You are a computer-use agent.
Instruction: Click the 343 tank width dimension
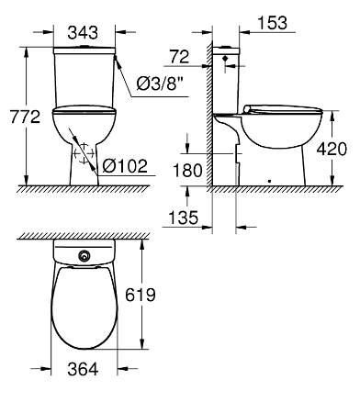83,32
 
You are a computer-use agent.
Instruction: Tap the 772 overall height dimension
25,117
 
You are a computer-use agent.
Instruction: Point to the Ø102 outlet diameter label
125,166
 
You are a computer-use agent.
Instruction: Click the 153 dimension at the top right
273,23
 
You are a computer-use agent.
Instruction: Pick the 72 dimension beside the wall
180,57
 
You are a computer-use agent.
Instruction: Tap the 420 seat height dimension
332,149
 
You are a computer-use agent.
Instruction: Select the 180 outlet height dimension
188,171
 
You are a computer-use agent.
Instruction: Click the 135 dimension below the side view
184,218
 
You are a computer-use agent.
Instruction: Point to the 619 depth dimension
141,295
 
